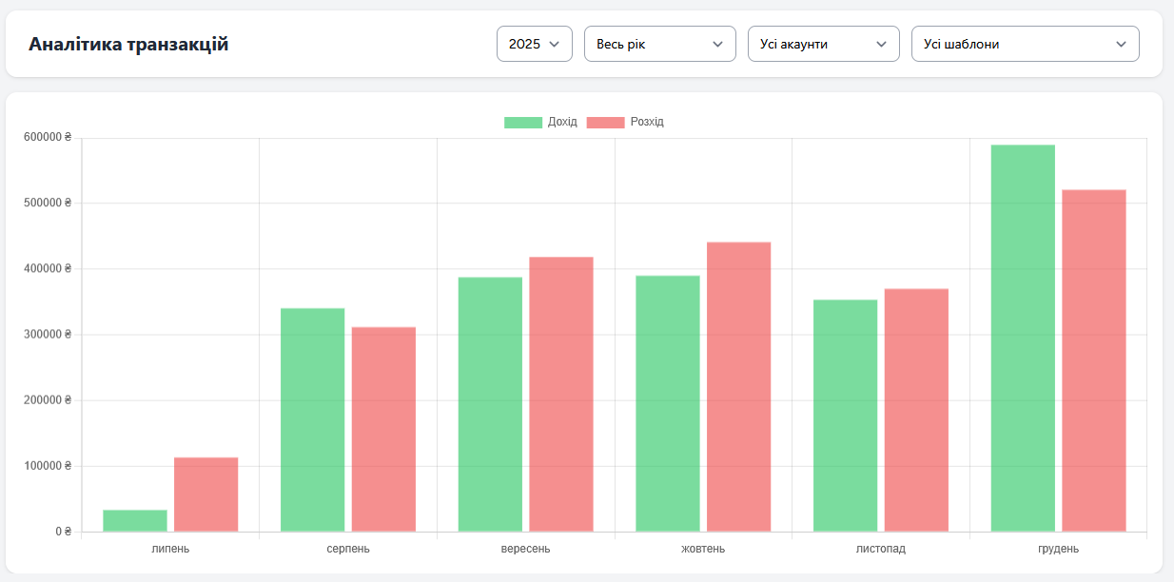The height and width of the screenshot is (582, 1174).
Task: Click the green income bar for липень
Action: pyautogui.click(x=135, y=520)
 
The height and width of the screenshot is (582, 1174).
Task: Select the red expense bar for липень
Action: pyautogui.click(x=205, y=495)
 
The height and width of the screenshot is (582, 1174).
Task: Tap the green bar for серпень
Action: pyautogui.click(x=312, y=419)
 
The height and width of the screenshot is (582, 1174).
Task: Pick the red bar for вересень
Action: pyautogui.click(x=561, y=394)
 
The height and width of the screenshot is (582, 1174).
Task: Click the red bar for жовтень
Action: pyautogui.click(x=738, y=386)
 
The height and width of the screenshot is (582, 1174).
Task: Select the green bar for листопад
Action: pyautogui.click(x=845, y=416)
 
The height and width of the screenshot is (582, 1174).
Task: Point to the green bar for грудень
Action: pyautogui.click(x=1023, y=338)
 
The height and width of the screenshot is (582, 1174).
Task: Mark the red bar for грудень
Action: pyautogui.click(x=1094, y=360)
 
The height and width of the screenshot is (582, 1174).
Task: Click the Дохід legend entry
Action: pyautogui.click(x=540, y=122)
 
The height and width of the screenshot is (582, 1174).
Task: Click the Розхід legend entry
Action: pyautogui.click(x=625, y=122)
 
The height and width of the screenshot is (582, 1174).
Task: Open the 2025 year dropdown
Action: pyautogui.click(x=534, y=44)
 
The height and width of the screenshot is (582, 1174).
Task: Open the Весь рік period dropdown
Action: pyautogui.click(x=659, y=44)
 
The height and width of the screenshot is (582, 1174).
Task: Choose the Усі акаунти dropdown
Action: pyautogui.click(x=823, y=44)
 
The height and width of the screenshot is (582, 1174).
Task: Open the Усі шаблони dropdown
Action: pyautogui.click(x=1025, y=44)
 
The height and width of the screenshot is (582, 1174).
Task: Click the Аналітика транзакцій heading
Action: pyautogui.click(x=128, y=44)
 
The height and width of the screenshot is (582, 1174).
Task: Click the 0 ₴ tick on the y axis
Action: pyautogui.click(x=63, y=532)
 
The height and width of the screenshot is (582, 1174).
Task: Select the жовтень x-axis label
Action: pyautogui.click(x=703, y=549)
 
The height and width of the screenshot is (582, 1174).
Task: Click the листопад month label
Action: pyautogui.click(x=880, y=549)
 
